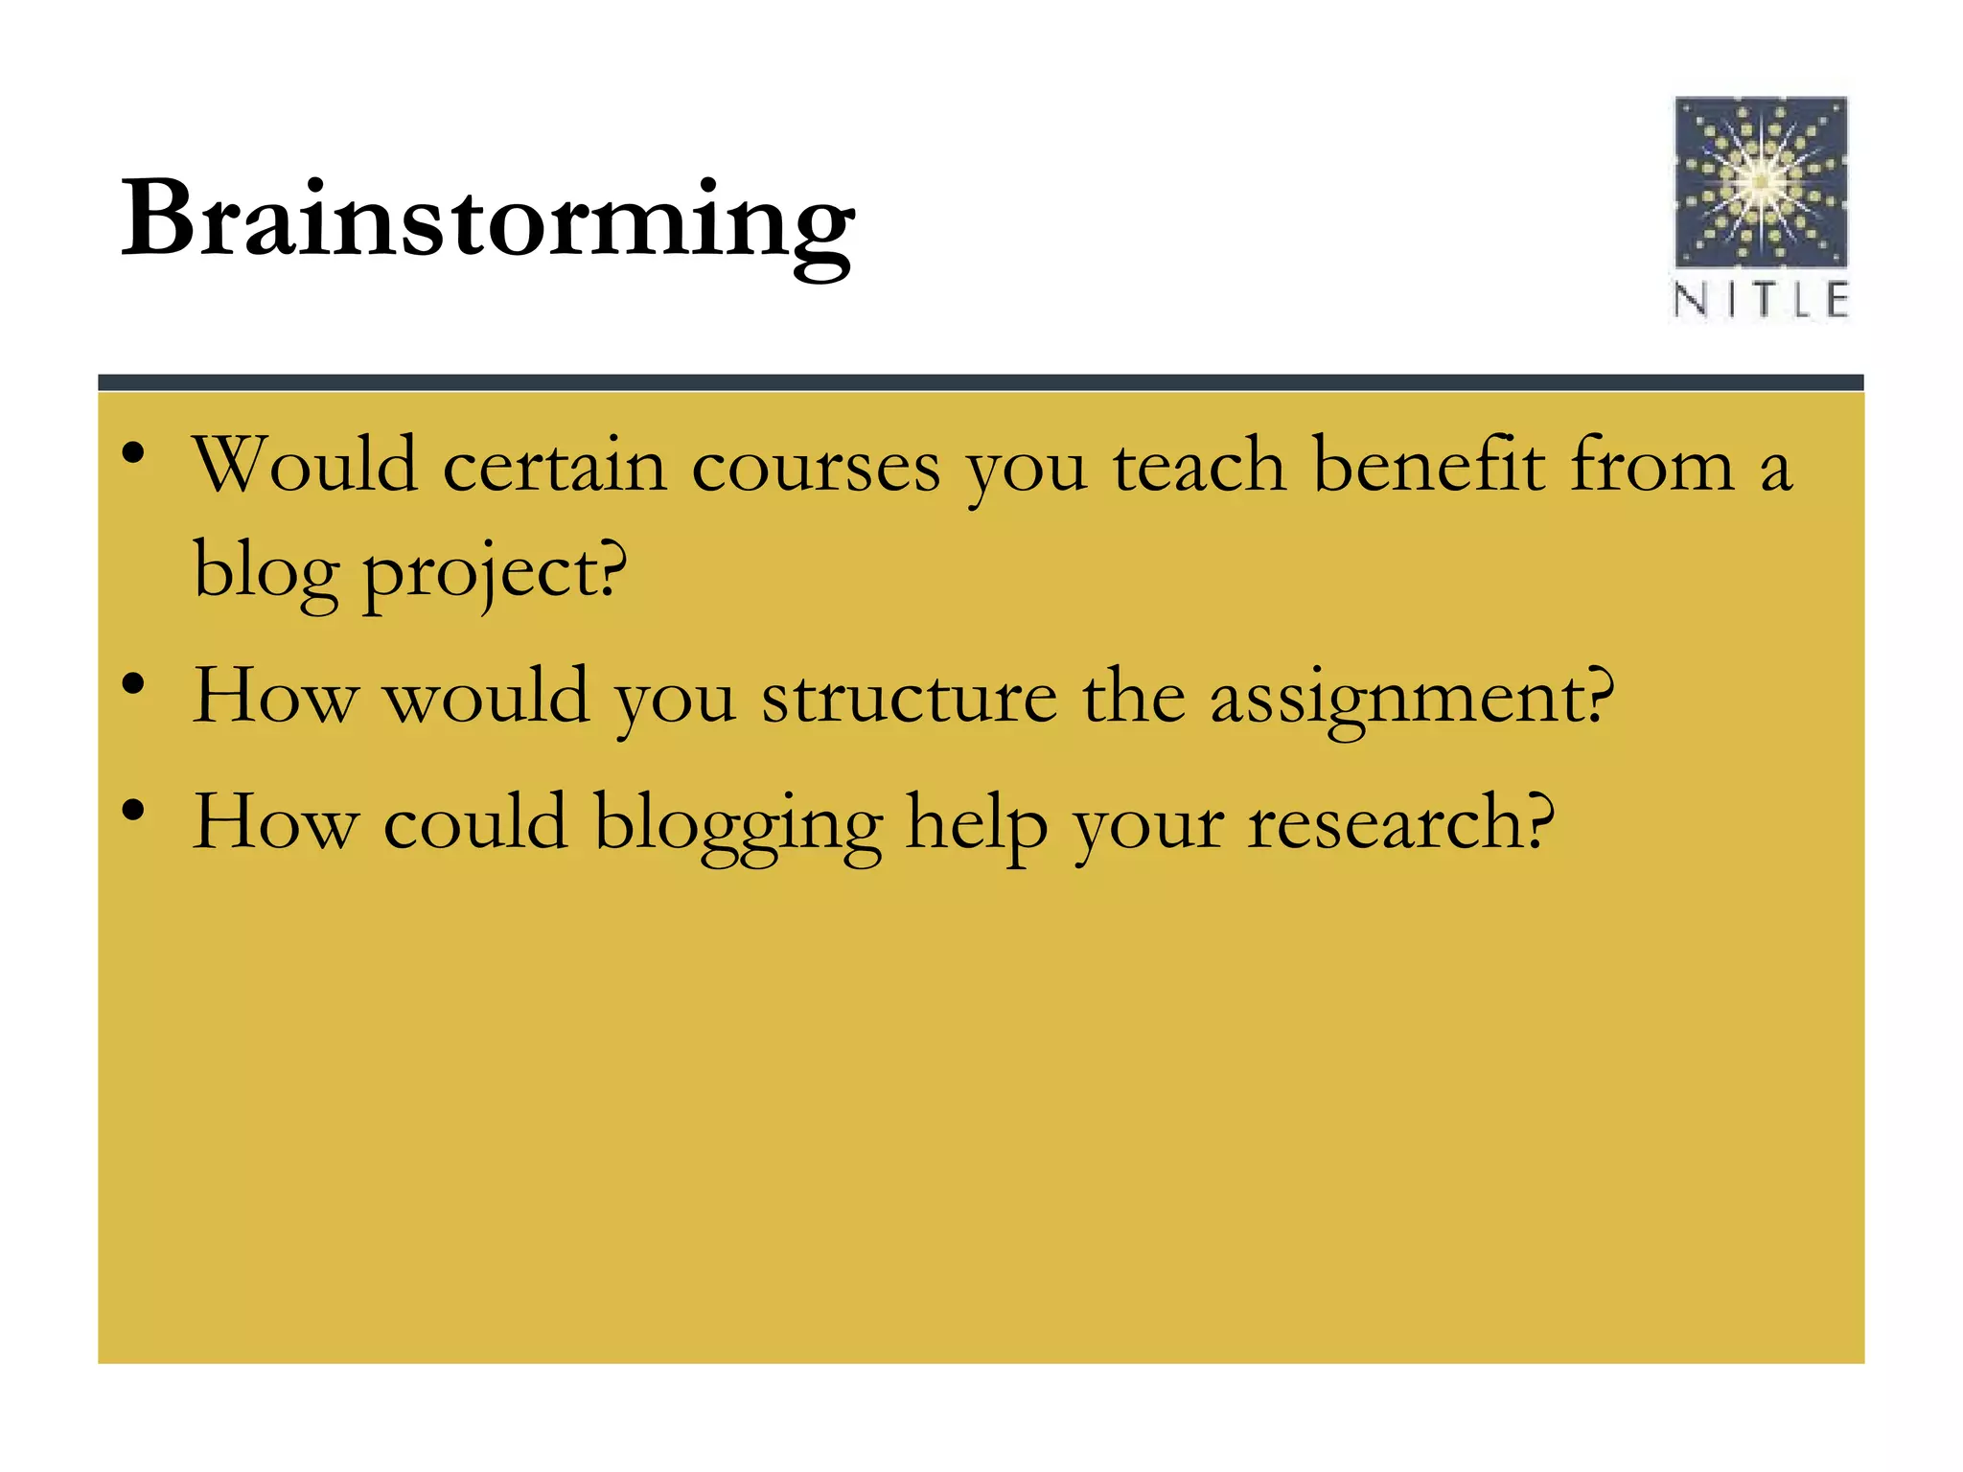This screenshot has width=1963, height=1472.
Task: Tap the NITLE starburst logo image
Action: tap(1761, 181)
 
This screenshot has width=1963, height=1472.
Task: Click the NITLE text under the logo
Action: tap(1761, 300)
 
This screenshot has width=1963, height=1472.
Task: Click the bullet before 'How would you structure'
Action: tap(133, 683)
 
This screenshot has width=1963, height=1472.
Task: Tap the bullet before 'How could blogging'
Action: tap(133, 810)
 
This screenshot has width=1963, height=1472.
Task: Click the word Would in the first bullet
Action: tap(306, 466)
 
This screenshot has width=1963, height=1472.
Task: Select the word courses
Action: tap(816, 468)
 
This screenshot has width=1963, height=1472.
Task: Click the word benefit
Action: tap(1428, 466)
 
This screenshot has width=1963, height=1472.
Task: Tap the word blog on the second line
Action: tap(266, 572)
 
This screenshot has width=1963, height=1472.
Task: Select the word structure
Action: tap(910, 697)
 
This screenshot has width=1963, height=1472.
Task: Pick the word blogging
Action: tap(737, 825)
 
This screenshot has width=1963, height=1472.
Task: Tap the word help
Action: tap(976, 825)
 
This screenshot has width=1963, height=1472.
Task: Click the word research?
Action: tap(1400, 824)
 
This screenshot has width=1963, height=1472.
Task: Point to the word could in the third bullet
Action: tap(475, 823)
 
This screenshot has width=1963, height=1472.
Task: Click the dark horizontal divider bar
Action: tap(981, 382)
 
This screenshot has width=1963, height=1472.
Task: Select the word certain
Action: tap(554, 467)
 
